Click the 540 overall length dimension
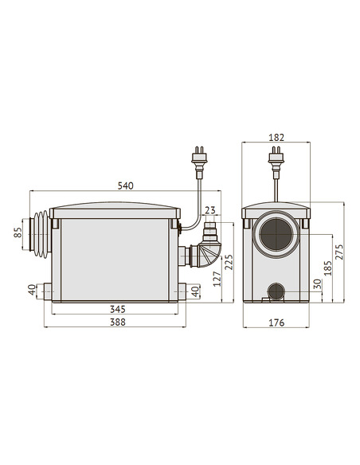126,186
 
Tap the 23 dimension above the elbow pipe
209,211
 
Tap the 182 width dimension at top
277,138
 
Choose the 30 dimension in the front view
317,284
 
